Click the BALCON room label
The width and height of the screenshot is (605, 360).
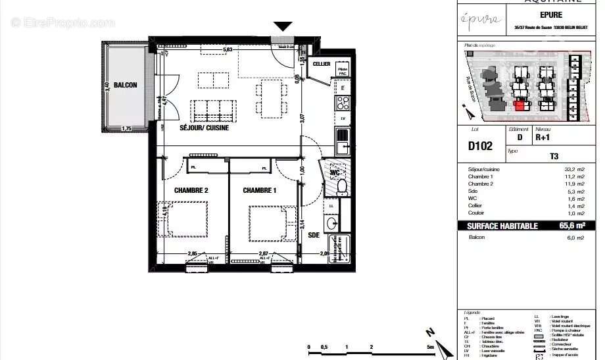point(125,86)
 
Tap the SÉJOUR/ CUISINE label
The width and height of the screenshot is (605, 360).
point(205,128)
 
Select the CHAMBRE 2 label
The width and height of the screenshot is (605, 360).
point(191,191)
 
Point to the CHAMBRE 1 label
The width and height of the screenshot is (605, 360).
point(260,191)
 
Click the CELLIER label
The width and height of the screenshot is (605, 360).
point(322,64)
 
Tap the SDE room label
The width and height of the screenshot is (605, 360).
point(313,235)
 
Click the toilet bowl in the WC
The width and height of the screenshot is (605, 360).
point(341,187)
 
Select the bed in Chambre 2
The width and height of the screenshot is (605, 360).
point(187,219)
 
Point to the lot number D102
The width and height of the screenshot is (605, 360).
point(480,146)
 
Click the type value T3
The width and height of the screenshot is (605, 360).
point(554,157)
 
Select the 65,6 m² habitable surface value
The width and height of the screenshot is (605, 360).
point(573,226)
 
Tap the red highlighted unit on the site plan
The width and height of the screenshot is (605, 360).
point(521,105)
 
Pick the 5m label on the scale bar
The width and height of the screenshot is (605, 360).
point(429,347)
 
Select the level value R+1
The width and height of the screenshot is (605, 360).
point(543,139)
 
